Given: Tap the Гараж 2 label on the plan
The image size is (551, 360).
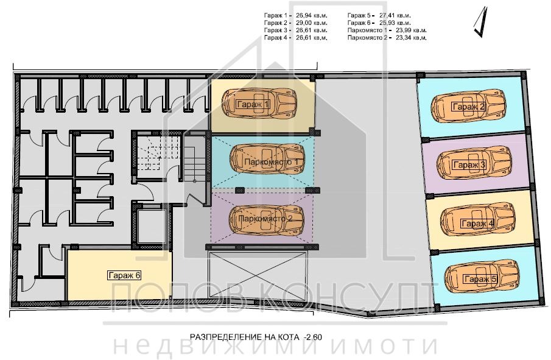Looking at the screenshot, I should (468, 107).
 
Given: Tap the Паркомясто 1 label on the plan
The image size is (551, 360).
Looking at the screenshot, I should (270, 162).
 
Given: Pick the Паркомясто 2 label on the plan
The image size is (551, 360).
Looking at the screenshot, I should (266, 217).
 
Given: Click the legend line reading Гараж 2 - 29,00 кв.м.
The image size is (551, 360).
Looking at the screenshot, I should (295, 22).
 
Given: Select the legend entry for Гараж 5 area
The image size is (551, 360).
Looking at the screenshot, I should (379, 14).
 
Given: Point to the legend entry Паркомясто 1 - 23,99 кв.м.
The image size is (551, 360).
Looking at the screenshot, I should (387, 30).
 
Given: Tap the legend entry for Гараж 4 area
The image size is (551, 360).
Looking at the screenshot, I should (295, 38).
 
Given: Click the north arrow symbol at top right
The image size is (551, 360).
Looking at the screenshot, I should (481, 21).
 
